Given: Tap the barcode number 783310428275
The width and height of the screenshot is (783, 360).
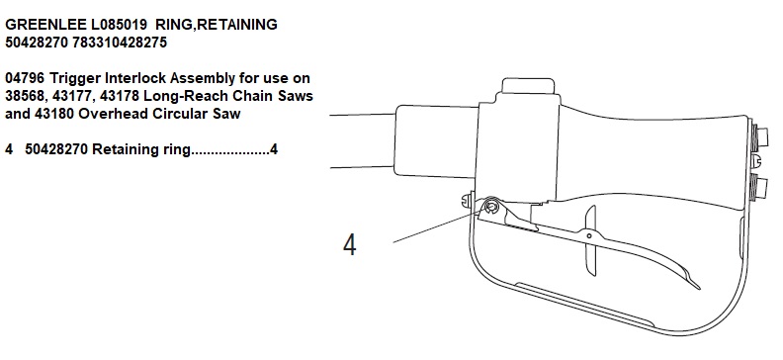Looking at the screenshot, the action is point(120,43).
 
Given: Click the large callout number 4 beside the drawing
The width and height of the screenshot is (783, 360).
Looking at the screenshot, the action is point(350,244).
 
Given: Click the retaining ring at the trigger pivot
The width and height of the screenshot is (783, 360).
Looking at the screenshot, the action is point(491,206).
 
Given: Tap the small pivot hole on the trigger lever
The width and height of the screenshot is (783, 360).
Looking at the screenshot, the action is point(589,235).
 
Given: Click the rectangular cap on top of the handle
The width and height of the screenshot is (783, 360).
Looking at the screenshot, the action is point(528,85).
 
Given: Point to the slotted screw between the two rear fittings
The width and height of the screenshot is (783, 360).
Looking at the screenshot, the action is point(756,161).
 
